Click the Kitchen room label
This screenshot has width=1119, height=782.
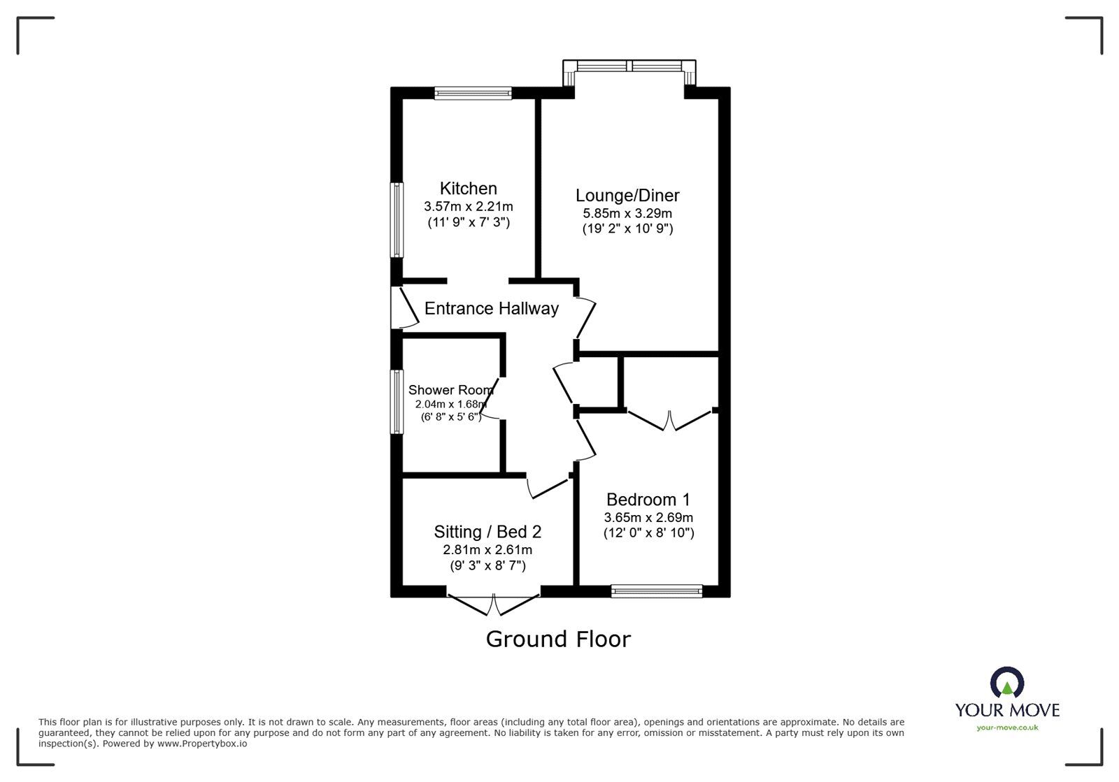[x=468, y=188]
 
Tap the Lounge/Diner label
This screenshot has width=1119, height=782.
[x=627, y=195]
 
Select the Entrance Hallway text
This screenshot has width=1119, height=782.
[x=491, y=308]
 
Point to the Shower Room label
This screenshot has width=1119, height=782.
[x=450, y=390]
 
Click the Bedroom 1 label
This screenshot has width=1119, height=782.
[x=648, y=500]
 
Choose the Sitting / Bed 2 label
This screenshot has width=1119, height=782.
[x=487, y=532]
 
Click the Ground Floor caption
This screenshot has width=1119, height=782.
[x=558, y=639]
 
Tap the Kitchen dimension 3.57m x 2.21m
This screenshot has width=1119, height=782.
[x=468, y=206]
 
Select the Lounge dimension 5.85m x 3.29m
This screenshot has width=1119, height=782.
[x=627, y=213]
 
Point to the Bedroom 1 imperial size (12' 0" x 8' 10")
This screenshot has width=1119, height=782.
[x=648, y=533]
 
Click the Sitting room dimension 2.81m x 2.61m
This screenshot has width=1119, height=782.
[x=487, y=550]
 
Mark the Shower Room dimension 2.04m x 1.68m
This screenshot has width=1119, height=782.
[x=450, y=404]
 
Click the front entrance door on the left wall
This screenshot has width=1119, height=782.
[x=404, y=307]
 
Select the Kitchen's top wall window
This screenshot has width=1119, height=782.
[x=473, y=92]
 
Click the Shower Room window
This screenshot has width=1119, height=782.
[x=397, y=401]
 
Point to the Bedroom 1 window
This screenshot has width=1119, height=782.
[x=656, y=591]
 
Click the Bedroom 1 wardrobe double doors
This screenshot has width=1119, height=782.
[x=671, y=420]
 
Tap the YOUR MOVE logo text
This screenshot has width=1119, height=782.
[x=1007, y=710]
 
